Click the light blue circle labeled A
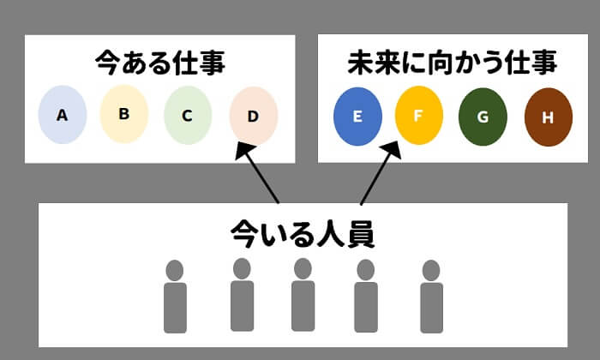[62, 115]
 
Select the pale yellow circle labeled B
[124, 113]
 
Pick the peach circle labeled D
[253, 115]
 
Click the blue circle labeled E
[357, 115]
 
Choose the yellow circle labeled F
[418, 114]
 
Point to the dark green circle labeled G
[483, 115]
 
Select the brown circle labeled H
[547, 116]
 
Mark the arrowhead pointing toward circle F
[393, 151]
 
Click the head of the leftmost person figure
[175, 270]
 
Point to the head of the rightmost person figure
[431, 270]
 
